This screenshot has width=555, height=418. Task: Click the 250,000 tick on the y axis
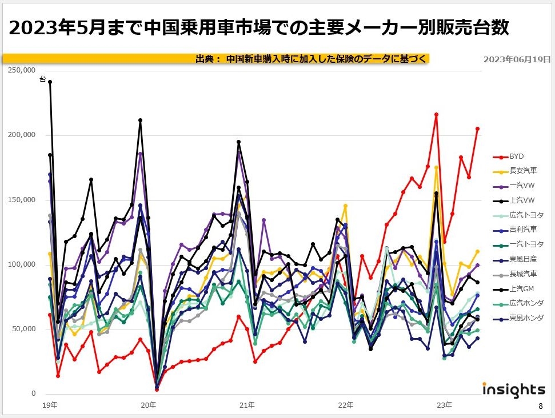22,70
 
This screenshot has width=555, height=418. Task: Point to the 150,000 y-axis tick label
22,200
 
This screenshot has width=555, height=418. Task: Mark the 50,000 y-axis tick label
24,329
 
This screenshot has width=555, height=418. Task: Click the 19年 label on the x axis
50,405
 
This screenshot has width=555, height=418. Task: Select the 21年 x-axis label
247,405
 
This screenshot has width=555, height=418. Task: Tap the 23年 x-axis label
444,405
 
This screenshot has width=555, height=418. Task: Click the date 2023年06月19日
517,59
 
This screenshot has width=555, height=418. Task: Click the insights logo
514,390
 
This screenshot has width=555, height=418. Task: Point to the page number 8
540,407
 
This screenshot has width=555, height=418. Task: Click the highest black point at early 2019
50,82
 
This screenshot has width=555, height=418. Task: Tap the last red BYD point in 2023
477,129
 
